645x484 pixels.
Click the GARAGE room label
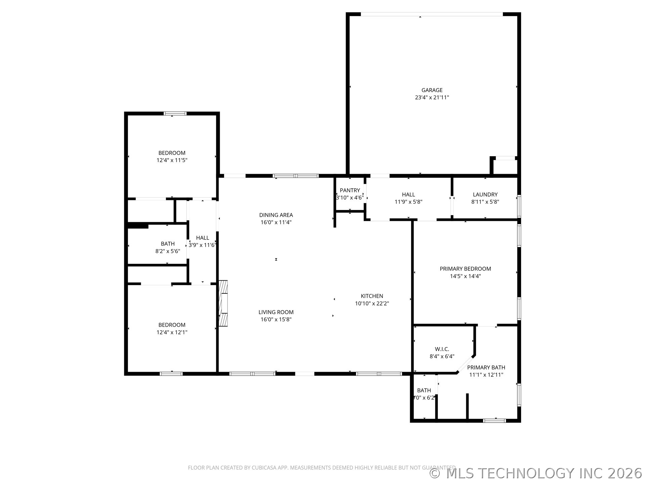pyautogui.click(x=432, y=90)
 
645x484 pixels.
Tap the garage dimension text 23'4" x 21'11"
pyautogui.click(x=432, y=98)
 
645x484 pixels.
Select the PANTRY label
pyautogui.click(x=350, y=190)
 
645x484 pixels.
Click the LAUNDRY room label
pyautogui.click(x=485, y=194)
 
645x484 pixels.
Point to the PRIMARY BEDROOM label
pyautogui.click(x=465, y=269)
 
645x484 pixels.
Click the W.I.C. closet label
pyautogui.click(x=442, y=349)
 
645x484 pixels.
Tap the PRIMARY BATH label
pyautogui.click(x=486, y=367)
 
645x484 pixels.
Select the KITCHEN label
pyautogui.click(x=372, y=296)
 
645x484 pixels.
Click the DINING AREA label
pyautogui.click(x=276, y=215)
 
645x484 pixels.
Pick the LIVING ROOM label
pyautogui.click(x=276, y=312)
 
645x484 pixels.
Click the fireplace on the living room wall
pyautogui.click(x=223, y=303)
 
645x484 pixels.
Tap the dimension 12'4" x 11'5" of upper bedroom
pyautogui.click(x=172, y=160)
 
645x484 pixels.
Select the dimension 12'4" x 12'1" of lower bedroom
pyautogui.click(x=172, y=332)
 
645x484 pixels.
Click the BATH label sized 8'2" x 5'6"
pyautogui.click(x=168, y=244)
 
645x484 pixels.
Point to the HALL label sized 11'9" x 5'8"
pyautogui.click(x=408, y=194)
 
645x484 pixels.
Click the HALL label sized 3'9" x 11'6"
pyautogui.click(x=203, y=238)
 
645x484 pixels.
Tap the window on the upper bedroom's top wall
pyautogui.click(x=175, y=114)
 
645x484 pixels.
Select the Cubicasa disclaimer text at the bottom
pyautogui.click(x=321, y=468)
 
